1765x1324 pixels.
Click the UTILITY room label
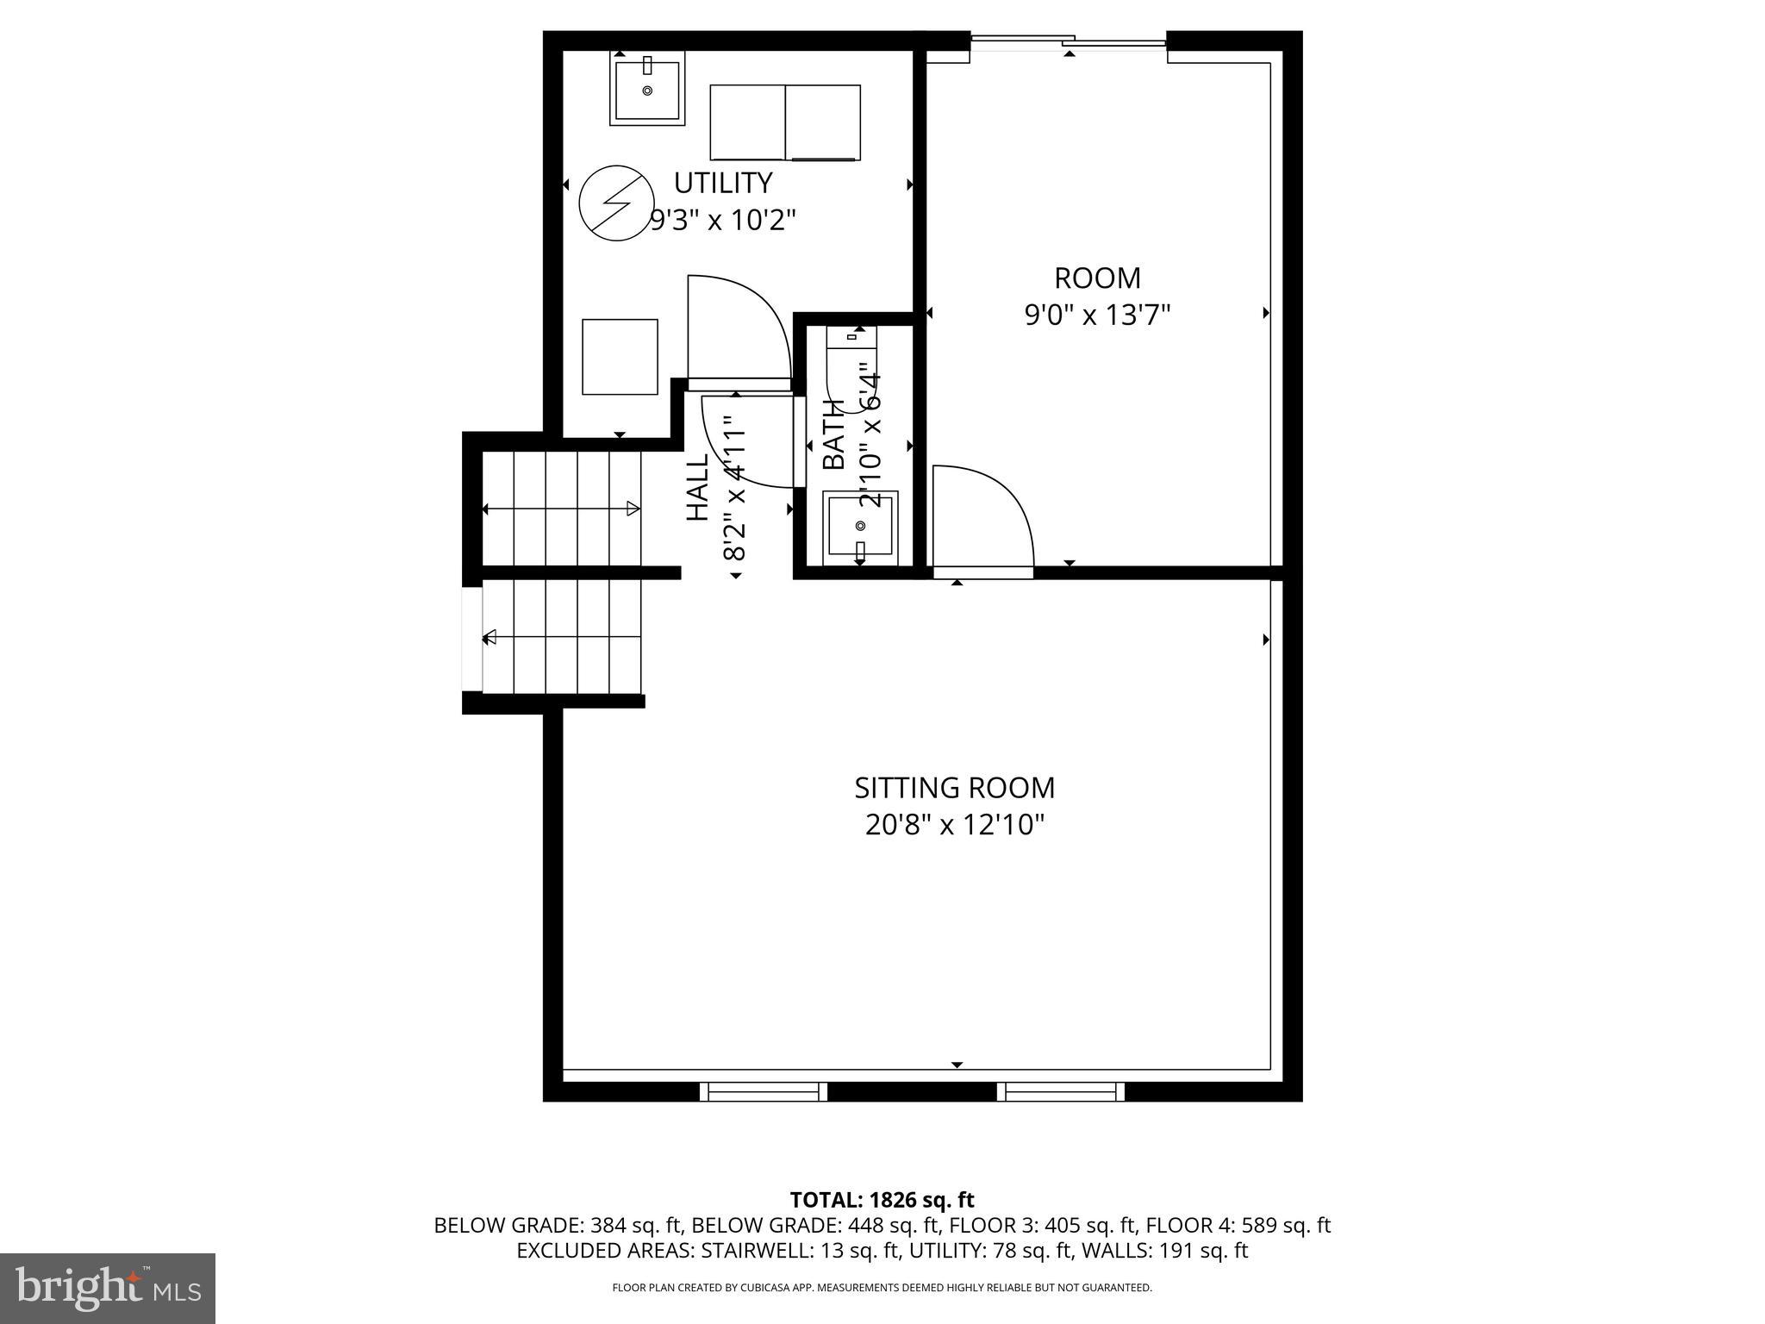pos(722,184)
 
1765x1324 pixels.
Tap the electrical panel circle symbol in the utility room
pos(615,204)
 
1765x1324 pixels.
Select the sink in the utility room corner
pos(647,88)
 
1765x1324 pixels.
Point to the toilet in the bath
pos(851,371)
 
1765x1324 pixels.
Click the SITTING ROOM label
pos(954,788)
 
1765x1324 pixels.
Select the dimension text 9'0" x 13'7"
pos(1096,315)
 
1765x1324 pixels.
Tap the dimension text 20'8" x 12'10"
pos(954,826)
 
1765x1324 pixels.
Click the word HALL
pos(696,487)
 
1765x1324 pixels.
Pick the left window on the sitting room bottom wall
pos(763,1092)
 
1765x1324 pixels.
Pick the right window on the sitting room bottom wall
pos(1060,1092)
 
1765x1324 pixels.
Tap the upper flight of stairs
pos(561,509)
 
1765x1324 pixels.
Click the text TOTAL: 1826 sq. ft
pos(882,1200)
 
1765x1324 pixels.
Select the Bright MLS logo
pos(107,1288)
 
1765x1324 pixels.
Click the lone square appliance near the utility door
pos(620,357)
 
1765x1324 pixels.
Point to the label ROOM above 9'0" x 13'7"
pos(1097,278)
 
